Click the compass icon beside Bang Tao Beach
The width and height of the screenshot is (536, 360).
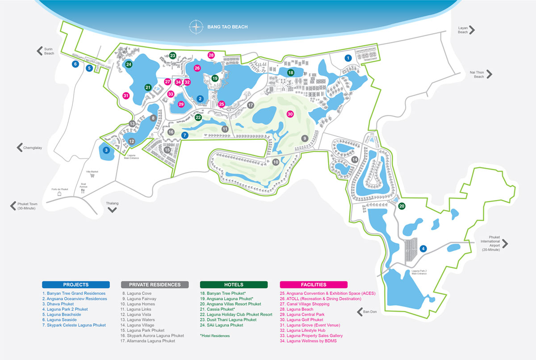coord(196,26)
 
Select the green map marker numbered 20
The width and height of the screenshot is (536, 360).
coord(402,206)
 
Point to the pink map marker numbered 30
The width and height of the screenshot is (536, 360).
coord(290,114)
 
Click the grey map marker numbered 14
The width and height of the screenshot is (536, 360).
coord(355,159)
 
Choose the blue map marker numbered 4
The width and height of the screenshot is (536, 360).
coord(423,248)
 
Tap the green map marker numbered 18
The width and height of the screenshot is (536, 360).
coord(290,72)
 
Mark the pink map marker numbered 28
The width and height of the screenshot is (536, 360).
coord(211,55)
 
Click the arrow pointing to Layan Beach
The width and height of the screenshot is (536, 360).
coord(472,30)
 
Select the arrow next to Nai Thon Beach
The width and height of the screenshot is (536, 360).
coord(490,74)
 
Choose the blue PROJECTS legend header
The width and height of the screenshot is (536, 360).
coord(76,285)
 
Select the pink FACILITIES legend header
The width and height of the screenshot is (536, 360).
coord(314,285)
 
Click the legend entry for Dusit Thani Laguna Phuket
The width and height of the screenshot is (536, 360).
coord(229,320)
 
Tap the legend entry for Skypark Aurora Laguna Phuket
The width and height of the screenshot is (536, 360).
coord(155,335)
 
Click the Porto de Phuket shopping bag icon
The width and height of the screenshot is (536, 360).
coord(59,195)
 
